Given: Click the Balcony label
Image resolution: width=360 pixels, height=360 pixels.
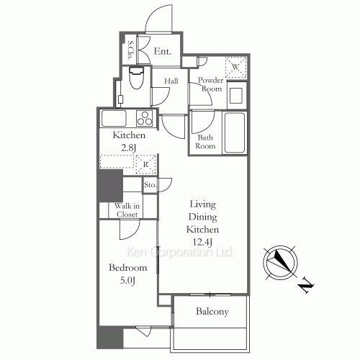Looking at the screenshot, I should [211, 312].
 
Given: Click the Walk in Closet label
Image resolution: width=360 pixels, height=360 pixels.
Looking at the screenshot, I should [127, 210].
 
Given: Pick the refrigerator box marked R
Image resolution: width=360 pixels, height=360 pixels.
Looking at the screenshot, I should [146, 163].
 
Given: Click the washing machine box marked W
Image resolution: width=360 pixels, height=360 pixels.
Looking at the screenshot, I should [235, 68].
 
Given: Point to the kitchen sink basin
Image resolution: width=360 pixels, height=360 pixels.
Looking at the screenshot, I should [114, 118].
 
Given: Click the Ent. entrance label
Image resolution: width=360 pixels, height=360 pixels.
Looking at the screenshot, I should [162, 51].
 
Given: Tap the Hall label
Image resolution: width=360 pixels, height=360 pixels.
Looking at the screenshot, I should [171, 81].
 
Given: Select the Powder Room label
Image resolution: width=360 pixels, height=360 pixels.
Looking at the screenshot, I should [212, 84].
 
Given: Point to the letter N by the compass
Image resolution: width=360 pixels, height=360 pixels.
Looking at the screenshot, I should [306, 288].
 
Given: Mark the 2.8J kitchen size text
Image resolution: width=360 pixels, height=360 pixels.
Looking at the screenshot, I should [129, 148].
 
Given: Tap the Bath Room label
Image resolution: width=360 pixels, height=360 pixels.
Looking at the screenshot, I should [206, 141].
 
